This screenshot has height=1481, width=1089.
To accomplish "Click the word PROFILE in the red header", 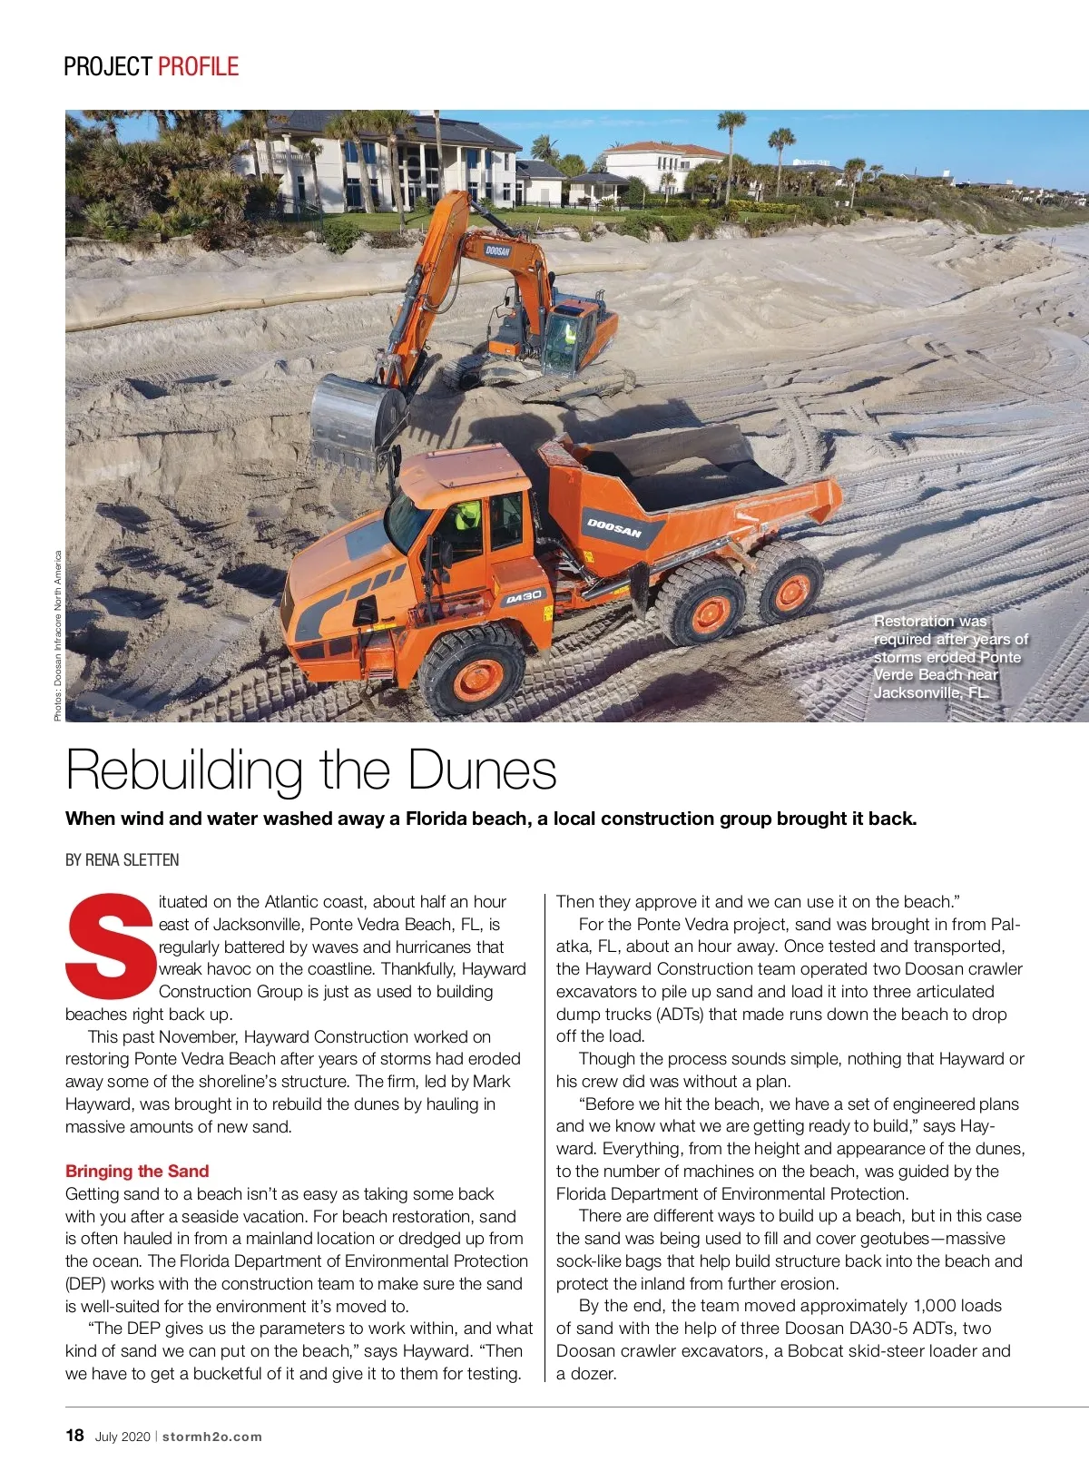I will click(198, 66).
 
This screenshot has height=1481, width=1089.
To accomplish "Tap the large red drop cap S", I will click(110, 947).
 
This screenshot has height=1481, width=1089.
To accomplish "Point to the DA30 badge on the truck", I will click(524, 597).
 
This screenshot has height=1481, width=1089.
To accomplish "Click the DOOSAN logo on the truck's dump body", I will click(614, 528).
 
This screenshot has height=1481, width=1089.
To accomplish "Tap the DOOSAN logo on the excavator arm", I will click(497, 250).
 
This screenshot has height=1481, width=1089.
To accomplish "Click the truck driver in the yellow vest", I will click(466, 518).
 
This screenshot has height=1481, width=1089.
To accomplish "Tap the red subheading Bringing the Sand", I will click(137, 1171).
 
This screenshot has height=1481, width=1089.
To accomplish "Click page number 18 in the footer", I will click(74, 1435).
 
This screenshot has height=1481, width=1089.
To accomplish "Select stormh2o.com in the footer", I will click(212, 1437).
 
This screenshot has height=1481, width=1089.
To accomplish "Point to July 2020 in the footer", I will click(122, 1437).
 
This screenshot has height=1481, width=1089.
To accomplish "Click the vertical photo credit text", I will click(57, 635).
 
